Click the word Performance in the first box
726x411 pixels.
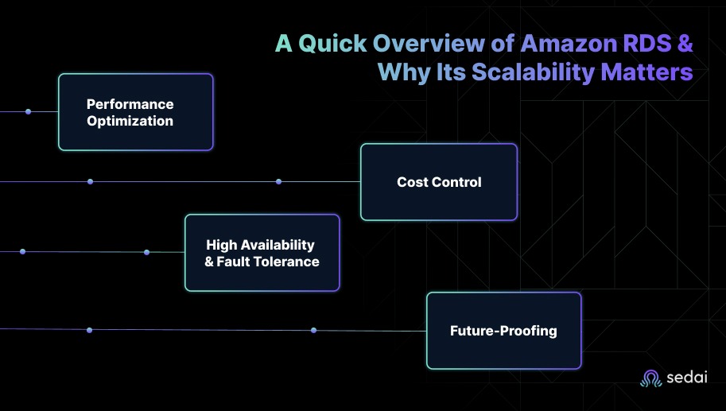(x=130, y=104)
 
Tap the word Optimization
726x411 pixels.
(x=130, y=121)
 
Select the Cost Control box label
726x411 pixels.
(x=439, y=182)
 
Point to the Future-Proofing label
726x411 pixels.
(x=503, y=331)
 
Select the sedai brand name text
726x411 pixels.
(x=688, y=378)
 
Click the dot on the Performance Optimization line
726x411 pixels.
(x=28, y=111)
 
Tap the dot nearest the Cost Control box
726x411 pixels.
(x=278, y=181)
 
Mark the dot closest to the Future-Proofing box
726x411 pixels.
(x=314, y=330)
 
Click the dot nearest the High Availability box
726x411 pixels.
(x=146, y=252)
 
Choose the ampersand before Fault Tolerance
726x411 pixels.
(x=210, y=261)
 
